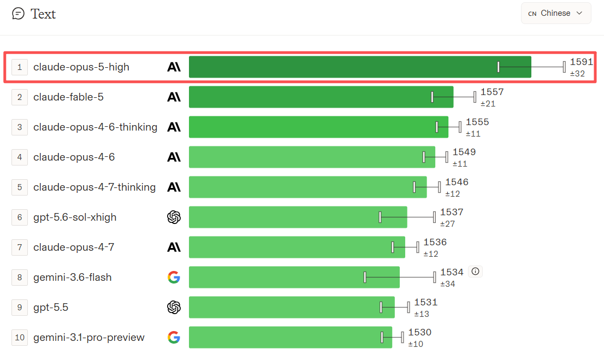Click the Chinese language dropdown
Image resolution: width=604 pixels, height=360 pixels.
(556, 13)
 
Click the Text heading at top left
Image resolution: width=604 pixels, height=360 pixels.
(43, 14)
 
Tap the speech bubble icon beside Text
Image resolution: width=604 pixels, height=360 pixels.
(18, 14)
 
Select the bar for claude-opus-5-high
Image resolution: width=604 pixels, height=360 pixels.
(360, 67)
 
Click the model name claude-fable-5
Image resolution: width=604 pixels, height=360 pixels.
(69, 97)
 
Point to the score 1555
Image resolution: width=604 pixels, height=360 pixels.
(477, 122)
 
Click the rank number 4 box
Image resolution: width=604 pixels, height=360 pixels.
(20, 157)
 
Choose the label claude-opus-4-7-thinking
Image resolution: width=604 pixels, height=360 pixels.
(95, 187)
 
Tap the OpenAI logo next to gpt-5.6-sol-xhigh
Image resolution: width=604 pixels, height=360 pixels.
(174, 217)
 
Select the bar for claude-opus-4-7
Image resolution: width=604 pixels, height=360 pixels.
(297, 247)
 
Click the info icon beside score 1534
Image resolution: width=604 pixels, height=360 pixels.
(475, 272)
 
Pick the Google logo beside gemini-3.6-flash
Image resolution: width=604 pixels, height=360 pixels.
(174, 277)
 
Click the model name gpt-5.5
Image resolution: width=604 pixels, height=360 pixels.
(51, 307)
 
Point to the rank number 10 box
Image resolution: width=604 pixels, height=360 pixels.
(20, 338)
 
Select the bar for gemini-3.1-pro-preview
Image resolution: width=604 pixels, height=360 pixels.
(291, 337)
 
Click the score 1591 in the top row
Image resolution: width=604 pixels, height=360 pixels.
(581, 62)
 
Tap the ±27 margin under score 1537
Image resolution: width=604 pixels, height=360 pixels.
(448, 223)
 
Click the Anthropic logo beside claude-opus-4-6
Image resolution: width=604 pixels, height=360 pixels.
(174, 157)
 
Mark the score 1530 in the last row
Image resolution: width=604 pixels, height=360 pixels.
(420, 332)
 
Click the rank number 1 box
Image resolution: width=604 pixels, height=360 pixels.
(20, 67)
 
